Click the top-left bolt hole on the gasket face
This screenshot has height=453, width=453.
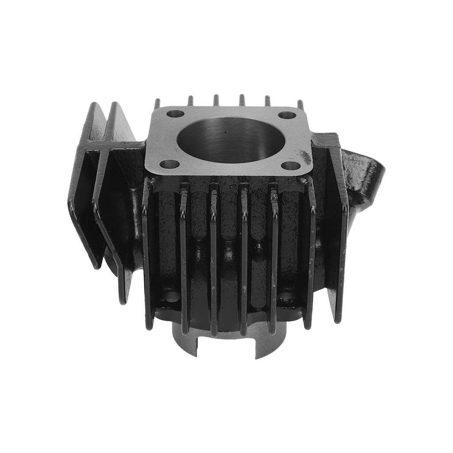coord(175,114)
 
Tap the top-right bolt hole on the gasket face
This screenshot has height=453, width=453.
coord(287,115)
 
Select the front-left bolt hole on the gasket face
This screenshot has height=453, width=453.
coord(169,164)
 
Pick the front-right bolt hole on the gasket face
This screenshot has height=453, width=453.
coord(291,166)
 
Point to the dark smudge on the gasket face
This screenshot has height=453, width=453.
coord(305,156)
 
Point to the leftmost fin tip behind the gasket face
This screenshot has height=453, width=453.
coord(157,104)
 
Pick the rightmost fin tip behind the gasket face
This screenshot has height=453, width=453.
coord(300,104)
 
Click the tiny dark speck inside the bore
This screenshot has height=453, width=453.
coord(225,131)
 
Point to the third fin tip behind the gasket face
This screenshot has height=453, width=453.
coord(216,100)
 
